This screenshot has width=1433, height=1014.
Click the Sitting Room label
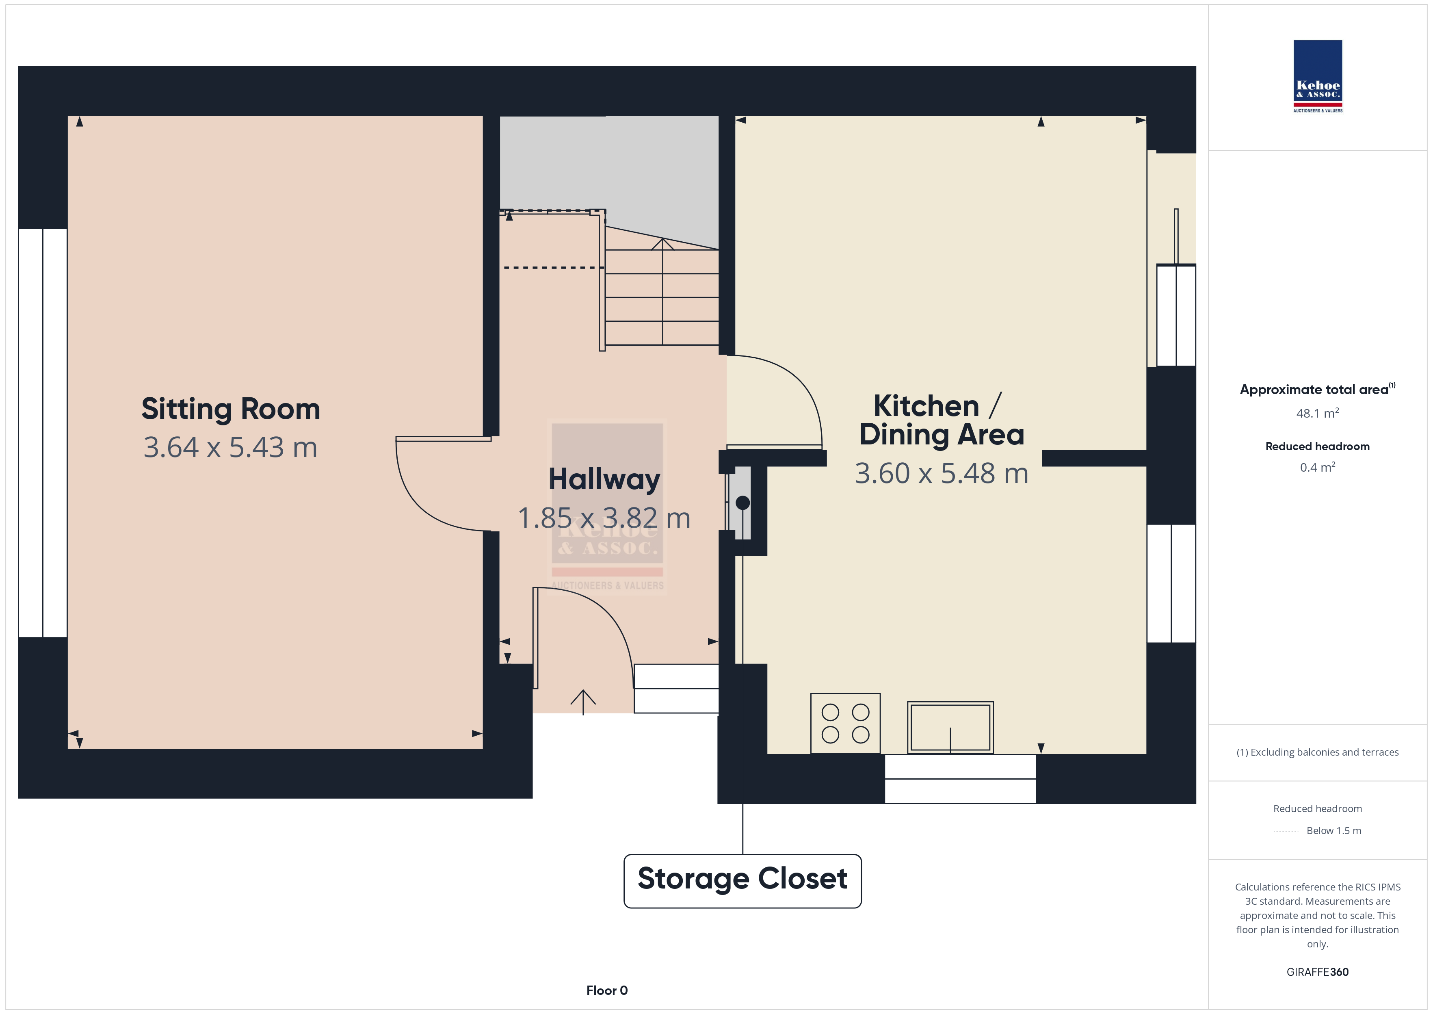click(x=231, y=409)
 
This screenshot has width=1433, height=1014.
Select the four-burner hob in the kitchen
click(x=845, y=723)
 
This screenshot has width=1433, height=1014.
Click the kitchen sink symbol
click(x=950, y=728)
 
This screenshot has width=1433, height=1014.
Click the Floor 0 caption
click(x=607, y=990)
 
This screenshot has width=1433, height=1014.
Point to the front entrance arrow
click(x=583, y=702)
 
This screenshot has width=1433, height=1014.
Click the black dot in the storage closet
click(x=743, y=503)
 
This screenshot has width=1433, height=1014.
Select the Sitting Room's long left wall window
click(x=42, y=433)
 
